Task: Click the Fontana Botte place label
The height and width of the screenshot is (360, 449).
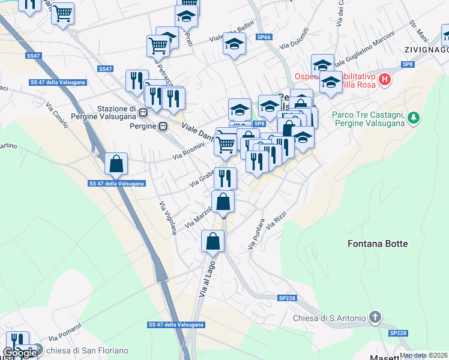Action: [378, 244]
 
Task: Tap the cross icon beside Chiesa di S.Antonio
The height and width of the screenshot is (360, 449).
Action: [375, 317]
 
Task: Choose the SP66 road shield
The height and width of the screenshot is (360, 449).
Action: [264, 37]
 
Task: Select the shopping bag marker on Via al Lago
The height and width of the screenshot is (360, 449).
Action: [213, 242]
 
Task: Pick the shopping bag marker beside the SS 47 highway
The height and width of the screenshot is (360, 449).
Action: [116, 163]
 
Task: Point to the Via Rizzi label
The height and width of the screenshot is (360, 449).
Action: [273, 221]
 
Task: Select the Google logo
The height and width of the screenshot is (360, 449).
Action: [19, 353]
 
